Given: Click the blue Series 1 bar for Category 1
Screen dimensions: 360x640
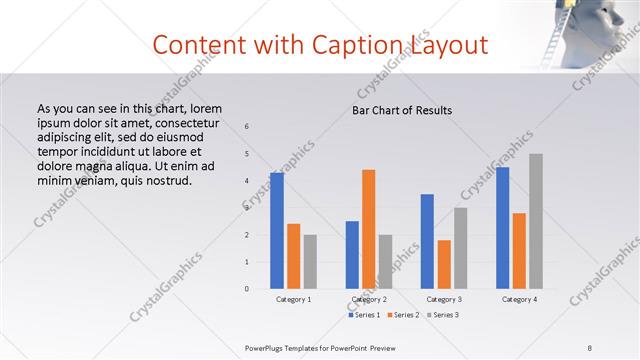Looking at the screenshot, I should pyautogui.click(x=277, y=231).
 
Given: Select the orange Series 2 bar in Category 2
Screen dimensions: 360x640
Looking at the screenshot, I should pyautogui.click(x=368, y=229).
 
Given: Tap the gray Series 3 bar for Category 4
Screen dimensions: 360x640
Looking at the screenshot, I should pyautogui.click(x=535, y=221).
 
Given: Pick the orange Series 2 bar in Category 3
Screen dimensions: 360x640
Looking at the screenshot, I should pyautogui.click(x=444, y=264).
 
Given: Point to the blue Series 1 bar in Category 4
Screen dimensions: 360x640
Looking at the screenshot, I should pyautogui.click(x=503, y=228).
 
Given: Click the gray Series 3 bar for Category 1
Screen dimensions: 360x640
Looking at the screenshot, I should pyautogui.click(x=310, y=262).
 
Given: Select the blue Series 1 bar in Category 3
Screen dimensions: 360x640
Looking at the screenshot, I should pyautogui.click(x=427, y=241).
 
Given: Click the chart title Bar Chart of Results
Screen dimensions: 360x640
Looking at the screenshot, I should pyautogui.click(x=402, y=110).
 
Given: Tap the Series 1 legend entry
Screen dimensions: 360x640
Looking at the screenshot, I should pyautogui.click(x=363, y=315).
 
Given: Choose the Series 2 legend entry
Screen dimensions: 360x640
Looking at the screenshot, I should pyautogui.click(x=402, y=315).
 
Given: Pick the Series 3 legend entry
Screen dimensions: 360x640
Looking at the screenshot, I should pyautogui.click(x=442, y=315).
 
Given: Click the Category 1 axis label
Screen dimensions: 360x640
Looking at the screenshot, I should pyautogui.click(x=294, y=299).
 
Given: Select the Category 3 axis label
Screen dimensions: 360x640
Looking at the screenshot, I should pyautogui.click(x=444, y=299).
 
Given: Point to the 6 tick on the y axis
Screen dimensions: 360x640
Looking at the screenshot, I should pyautogui.click(x=247, y=126).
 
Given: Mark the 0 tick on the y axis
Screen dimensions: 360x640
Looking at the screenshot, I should pyautogui.click(x=247, y=289).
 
